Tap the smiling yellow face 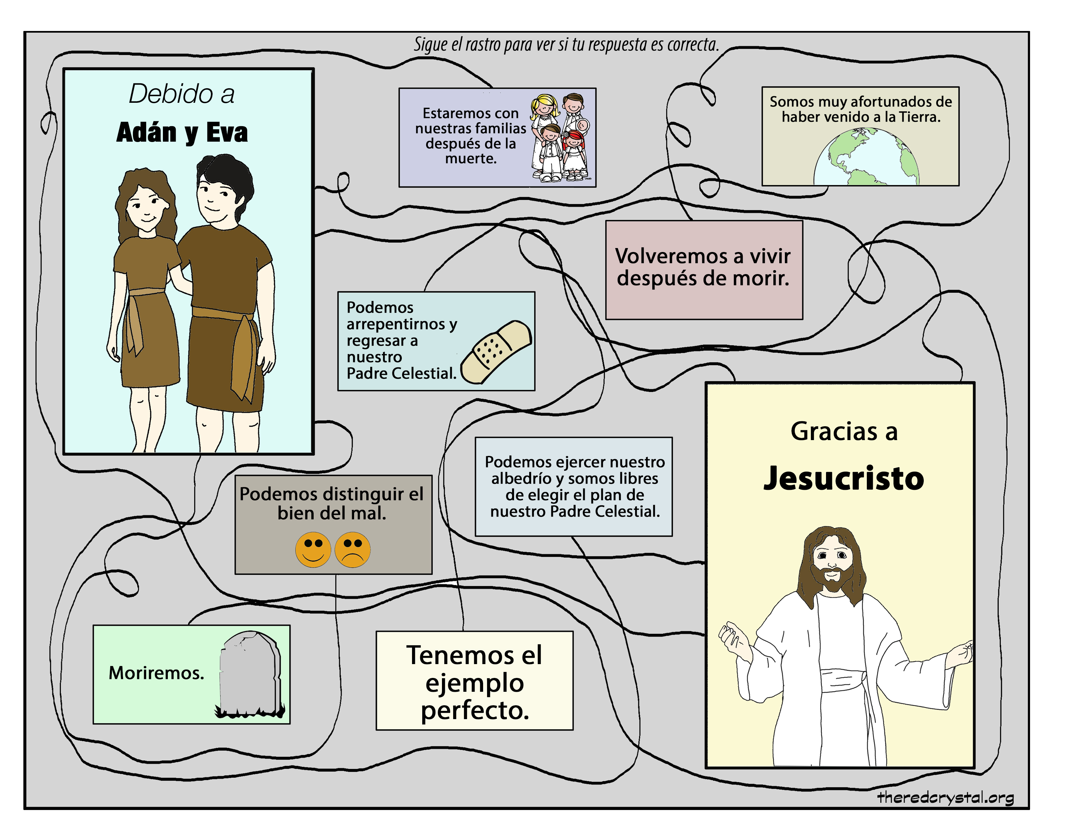pyautogui.click(x=313, y=549)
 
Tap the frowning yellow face pyautogui.click(x=352, y=549)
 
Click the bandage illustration pyautogui.click(x=496, y=352)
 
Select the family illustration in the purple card pyautogui.click(x=560, y=138)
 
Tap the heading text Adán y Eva pyautogui.click(x=182, y=133)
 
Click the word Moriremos pyautogui.click(x=156, y=673)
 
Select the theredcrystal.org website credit pyautogui.click(x=945, y=798)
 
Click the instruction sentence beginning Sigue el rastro pyautogui.click(x=566, y=45)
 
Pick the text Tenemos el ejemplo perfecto pyautogui.click(x=474, y=682)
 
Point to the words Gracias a pyautogui.click(x=844, y=432)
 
